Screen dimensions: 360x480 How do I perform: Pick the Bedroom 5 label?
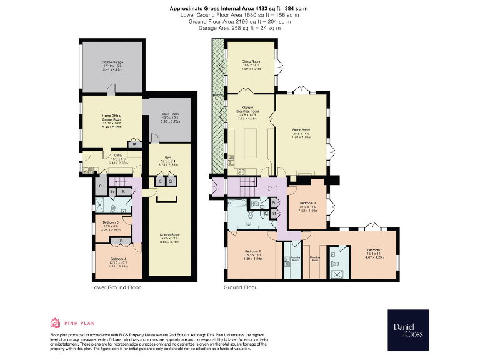point(111,224)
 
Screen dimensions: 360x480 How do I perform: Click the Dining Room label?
point(251,62)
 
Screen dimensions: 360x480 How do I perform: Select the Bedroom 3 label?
point(309,204)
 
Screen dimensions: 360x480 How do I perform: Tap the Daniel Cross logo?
point(407,326)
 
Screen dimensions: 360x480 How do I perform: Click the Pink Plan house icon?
point(56,323)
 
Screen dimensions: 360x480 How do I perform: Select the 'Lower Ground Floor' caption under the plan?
point(116,287)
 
